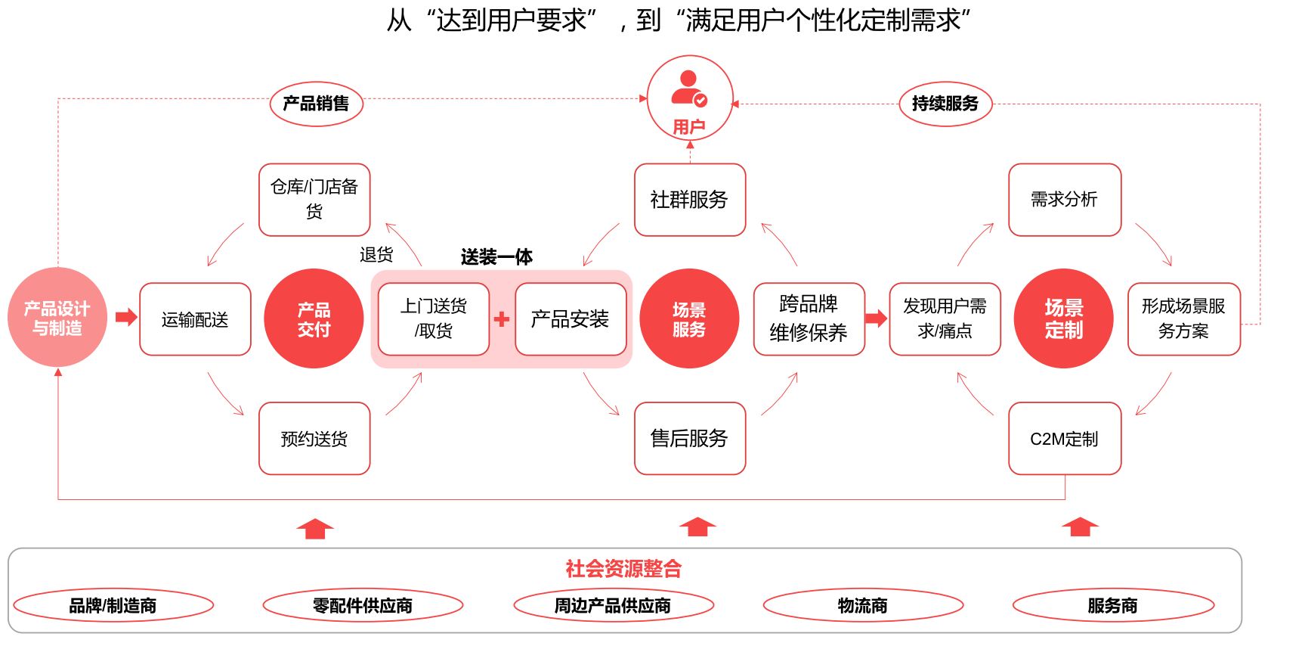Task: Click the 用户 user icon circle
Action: [x=689, y=98]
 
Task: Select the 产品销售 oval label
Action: [x=316, y=104]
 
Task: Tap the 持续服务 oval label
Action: [x=945, y=104]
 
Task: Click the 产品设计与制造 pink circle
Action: [x=57, y=318]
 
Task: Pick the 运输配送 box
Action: [x=195, y=319]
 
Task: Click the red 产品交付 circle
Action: [x=314, y=319]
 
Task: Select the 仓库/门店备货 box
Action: [x=314, y=200]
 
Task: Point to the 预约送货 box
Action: [x=314, y=439]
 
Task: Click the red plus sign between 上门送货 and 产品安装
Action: [x=502, y=319]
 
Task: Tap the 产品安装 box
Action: [x=571, y=319]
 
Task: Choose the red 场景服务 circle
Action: [x=689, y=319]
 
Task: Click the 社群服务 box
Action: [x=689, y=200]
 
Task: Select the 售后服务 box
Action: [x=689, y=439]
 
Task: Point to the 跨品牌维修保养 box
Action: [x=809, y=319]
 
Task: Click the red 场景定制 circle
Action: [x=1063, y=319]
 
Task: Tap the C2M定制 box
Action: [x=1064, y=439]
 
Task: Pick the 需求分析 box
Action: [x=1064, y=200]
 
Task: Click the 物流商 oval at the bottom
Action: [x=862, y=606]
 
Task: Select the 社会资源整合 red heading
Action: [x=623, y=569]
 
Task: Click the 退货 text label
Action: [x=376, y=255]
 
